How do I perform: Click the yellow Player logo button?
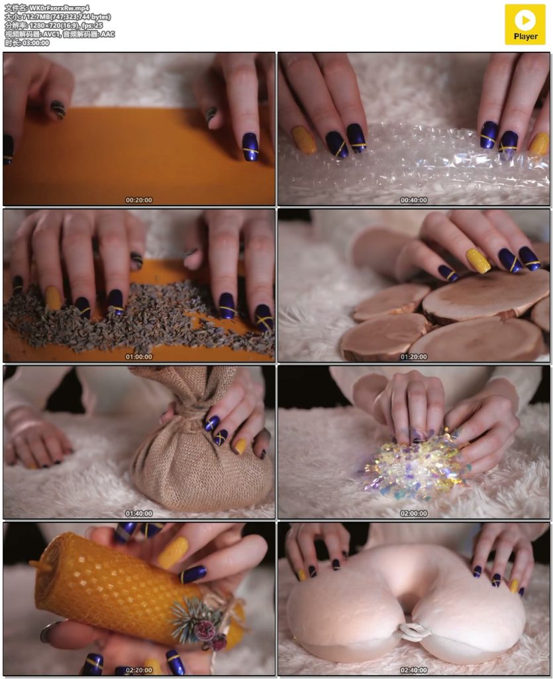pyautogui.click(x=525, y=25)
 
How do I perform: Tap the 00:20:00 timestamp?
pyautogui.click(x=139, y=200)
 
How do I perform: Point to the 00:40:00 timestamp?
pyautogui.click(x=414, y=200)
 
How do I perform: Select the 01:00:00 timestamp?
pyautogui.click(x=139, y=357)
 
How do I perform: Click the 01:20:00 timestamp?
pyautogui.click(x=414, y=357)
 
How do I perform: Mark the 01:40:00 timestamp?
pyautogui.click(x=139, y=514)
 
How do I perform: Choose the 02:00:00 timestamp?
pyautogui.click(x=414, y=514)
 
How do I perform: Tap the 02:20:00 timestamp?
pyautogui.click(x=139, y=670)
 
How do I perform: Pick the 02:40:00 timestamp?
pyautogui.click(x=414, y=670)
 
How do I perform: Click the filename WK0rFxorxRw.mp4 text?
pyautogui.click(x=59, y=8)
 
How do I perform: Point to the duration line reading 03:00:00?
pyautogui.click(x=26, y=43)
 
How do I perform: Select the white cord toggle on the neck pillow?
pyautogui.click(x=414, y=632)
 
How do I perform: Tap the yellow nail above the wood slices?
pyautogui.click(x=478, y=260)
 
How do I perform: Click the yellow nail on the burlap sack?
pyautogui.click(x=240, y=446)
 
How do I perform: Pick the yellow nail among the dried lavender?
pyautogui.click(x=53, y=298)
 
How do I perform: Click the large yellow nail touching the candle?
pyautogui.click(x=173, y=552)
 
